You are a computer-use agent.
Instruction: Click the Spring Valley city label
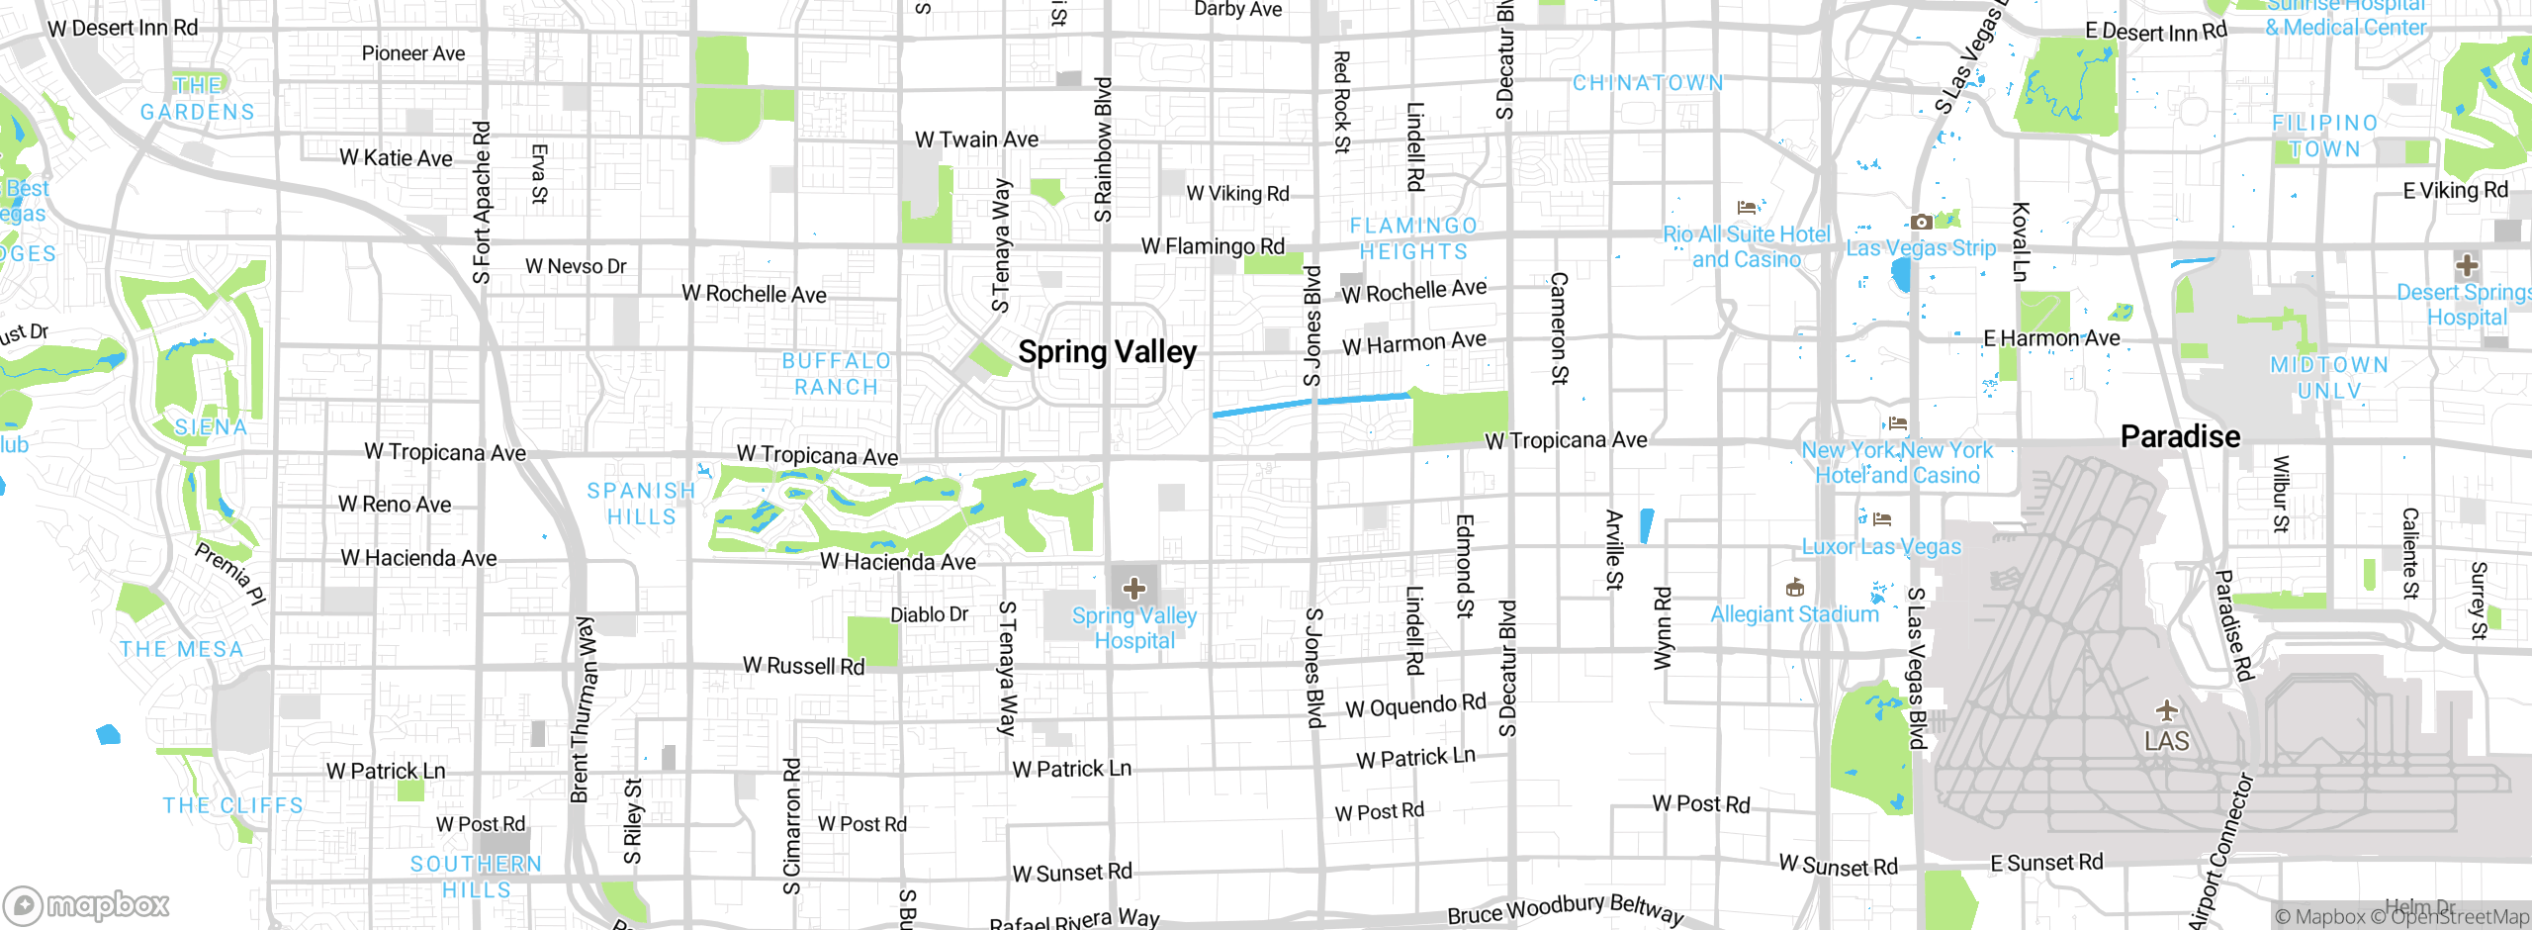click(1107, 352)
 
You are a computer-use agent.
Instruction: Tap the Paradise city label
click(2180, 436)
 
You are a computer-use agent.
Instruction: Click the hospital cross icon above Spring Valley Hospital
click(1133, 589)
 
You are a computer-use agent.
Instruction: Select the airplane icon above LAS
click(2166, 710)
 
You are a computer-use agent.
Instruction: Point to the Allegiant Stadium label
click(1794, 614)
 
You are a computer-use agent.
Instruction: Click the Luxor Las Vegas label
click(1880, 547)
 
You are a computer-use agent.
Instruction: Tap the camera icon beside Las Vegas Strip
click(1920, 223)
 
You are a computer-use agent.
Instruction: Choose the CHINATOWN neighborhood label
click(1648, 83)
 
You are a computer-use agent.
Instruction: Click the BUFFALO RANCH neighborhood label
click(837, 374)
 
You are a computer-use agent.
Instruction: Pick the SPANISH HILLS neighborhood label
click(642, 504)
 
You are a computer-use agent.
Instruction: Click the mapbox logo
click(87, 904)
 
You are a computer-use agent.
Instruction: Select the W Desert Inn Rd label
click(123, 28)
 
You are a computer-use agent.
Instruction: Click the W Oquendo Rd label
click(1415, 706)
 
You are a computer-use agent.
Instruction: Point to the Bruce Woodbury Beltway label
click(1565, 909)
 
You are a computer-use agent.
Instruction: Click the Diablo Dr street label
click(929, 614)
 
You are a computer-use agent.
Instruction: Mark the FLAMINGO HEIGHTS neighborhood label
click(1413, 238)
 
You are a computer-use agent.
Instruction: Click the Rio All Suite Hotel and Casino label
click(1746, 247)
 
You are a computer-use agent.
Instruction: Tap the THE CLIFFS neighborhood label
click(233, 805)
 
